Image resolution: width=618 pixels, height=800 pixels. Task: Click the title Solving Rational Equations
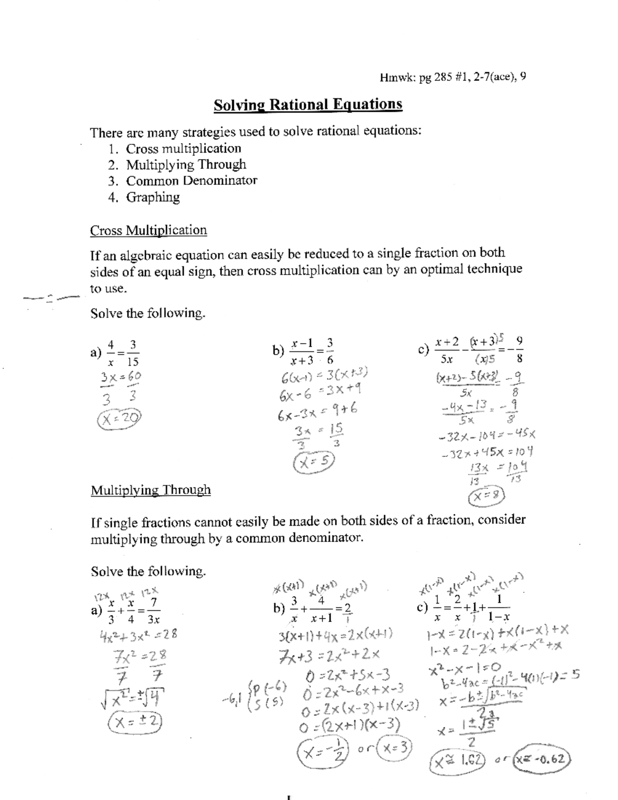pyautogui.click(x=308, y=105)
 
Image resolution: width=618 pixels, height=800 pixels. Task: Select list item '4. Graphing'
pyautogui.click(x=144, y=197)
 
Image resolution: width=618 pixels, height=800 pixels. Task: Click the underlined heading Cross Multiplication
pyautogui.click(x=148, y=230)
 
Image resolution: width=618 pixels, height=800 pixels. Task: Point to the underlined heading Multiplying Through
pyautogui.click(x=150, y=490)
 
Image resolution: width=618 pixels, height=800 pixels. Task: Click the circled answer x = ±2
pyautogui.click(x=135, y=722)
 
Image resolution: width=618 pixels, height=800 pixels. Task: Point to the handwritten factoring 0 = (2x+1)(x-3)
pyautogui.click(x=350, y=726)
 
